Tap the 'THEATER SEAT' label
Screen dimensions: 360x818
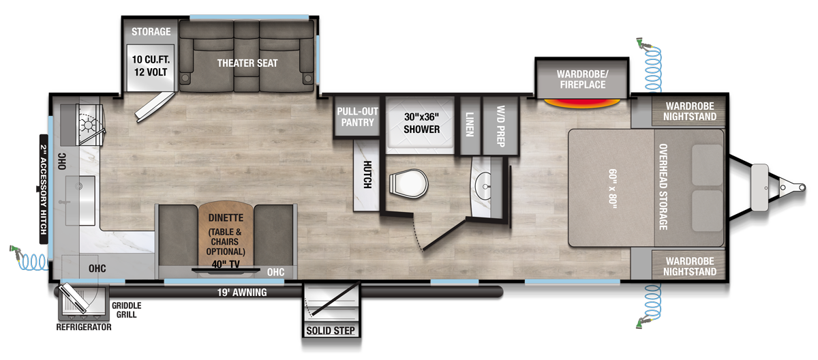[x=247, y=63]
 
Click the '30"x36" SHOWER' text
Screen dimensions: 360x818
[x=421, y=123]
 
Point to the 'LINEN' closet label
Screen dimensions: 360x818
[x=470, y=122]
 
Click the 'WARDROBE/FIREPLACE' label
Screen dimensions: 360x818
[x=581, y=79]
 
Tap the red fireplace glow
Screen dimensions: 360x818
[x=582, y=104]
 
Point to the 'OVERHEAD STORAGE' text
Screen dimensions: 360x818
[x=662, y=185]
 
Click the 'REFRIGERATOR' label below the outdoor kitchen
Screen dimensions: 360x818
[x=83, y=328]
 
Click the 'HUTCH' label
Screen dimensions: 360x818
[x=367, y=175]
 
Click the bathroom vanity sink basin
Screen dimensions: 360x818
[x=485, y=185]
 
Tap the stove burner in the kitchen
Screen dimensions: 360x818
[x=87, y=124]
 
